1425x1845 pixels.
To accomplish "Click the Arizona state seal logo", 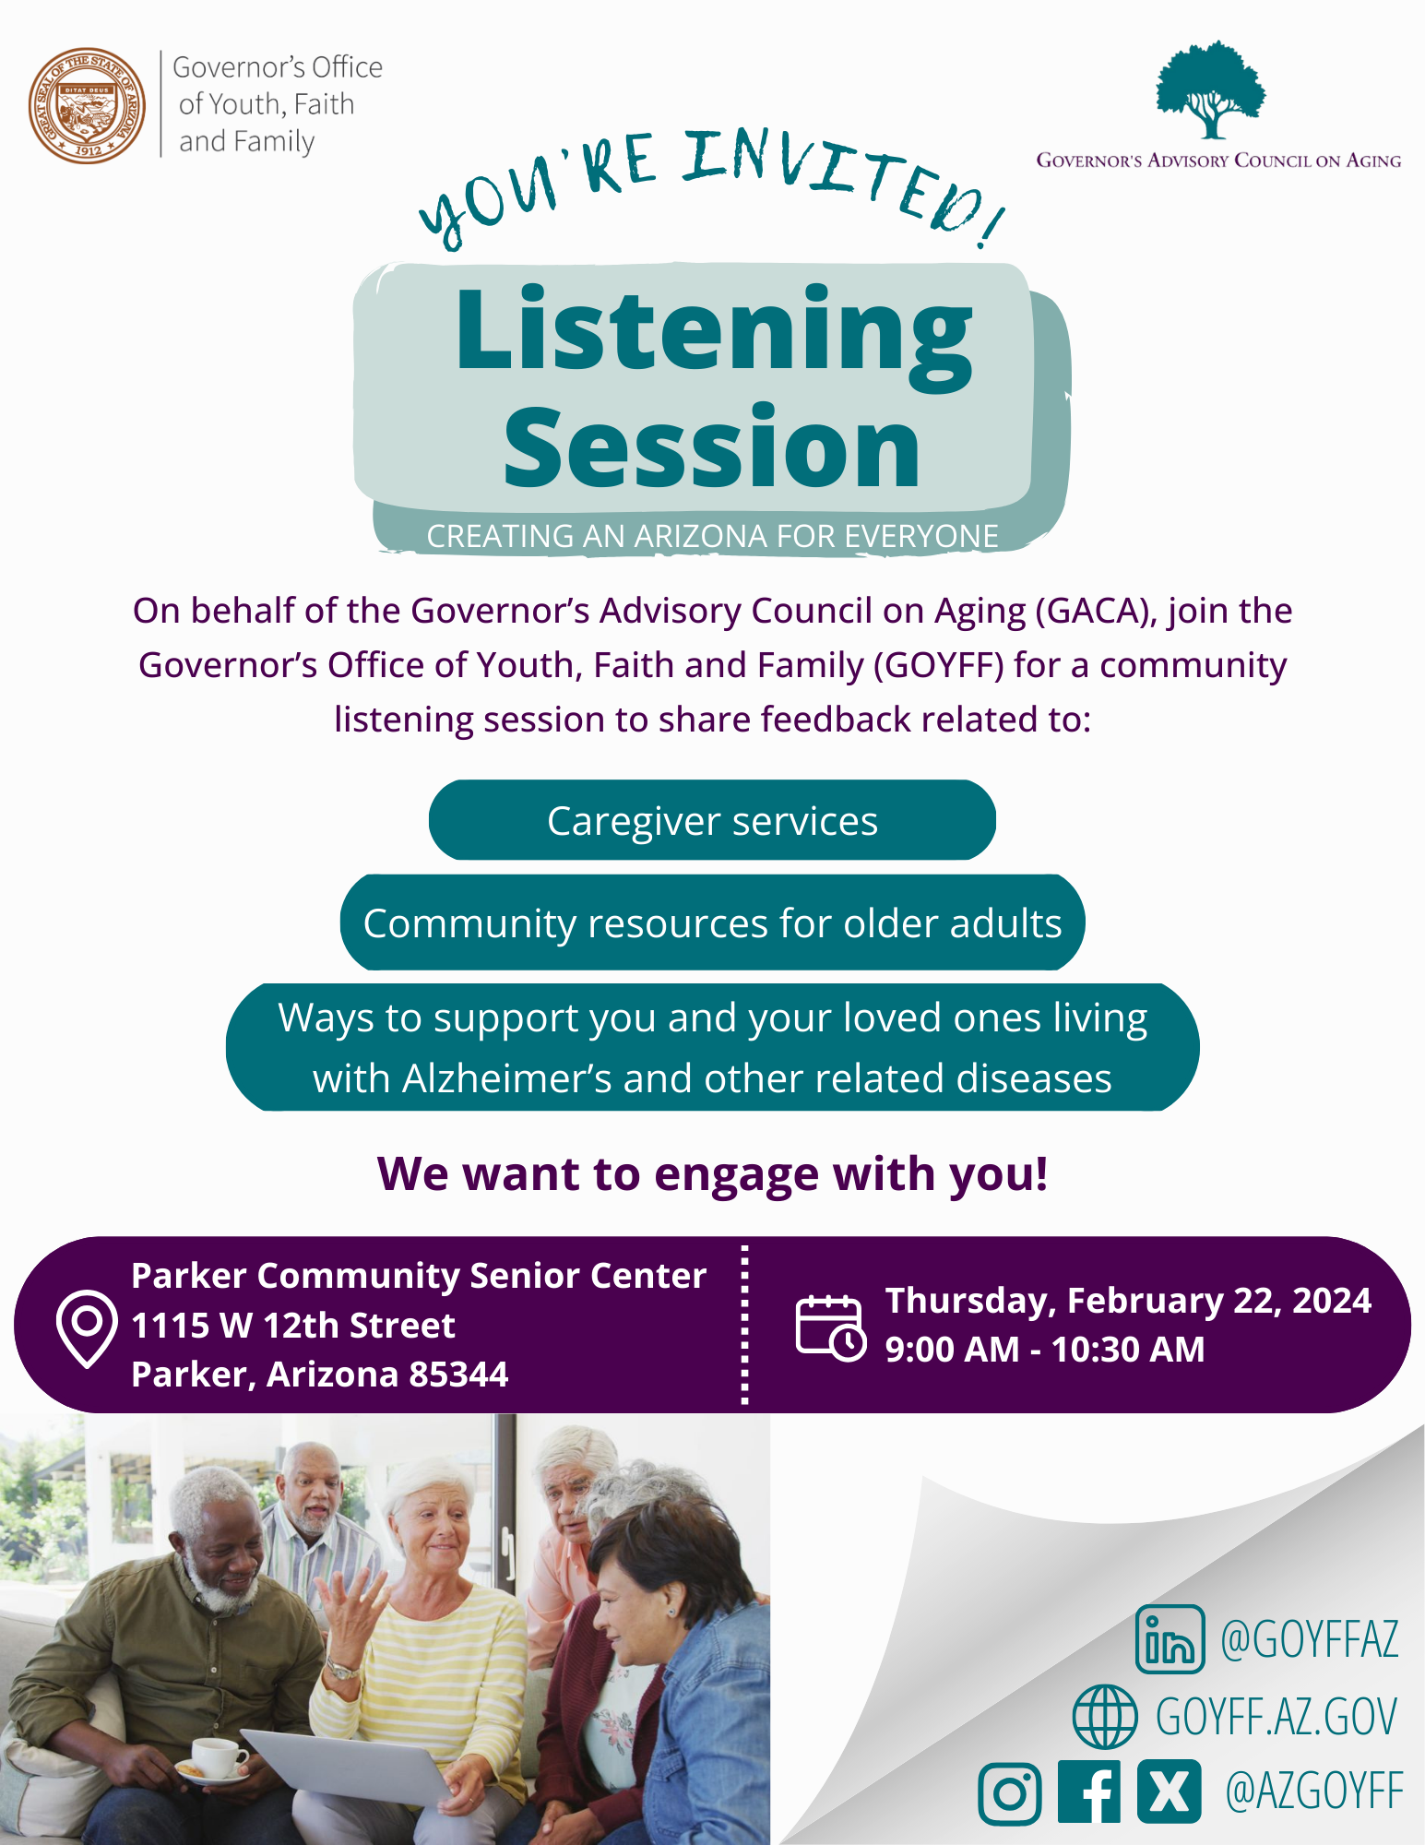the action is [87, 105].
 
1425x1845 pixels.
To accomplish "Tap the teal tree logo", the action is [1211, 89].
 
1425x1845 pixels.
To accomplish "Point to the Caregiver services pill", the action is [712, 820].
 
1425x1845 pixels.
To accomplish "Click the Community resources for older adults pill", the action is [712, 922].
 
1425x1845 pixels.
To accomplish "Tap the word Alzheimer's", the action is [507, 1078].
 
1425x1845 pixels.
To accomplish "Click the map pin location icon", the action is [87, 1328].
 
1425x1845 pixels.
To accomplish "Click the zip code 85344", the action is [458, 1375].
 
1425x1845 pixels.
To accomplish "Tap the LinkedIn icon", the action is [1170, 1639].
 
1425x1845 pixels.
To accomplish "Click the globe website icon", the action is [1105, 1716].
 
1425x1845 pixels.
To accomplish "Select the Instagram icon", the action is [1010, 1793].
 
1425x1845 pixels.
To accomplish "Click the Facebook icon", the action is [1089, 1791].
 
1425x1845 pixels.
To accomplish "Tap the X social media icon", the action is [1170, 1791].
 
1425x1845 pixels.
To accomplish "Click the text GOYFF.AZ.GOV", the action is [1277, 1717].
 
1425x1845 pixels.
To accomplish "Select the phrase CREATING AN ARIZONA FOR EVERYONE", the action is [712, 536].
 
